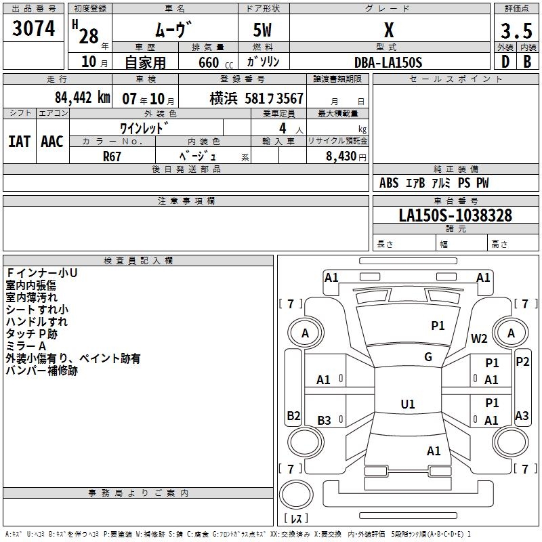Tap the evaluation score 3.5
click(516, 31)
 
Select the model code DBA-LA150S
click(388, 62)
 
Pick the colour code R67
click(112, 156)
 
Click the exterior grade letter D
click(505, 62)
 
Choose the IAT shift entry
click(19, 142)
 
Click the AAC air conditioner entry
click(52, 142)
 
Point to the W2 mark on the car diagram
click(480, 338)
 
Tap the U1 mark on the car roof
click(408, 404)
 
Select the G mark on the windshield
click(428, 357)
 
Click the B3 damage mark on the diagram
click(324, 421)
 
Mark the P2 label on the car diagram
click(522, 361)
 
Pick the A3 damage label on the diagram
click(522, 415)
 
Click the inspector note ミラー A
click(26, 346)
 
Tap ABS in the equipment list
click(389, 183)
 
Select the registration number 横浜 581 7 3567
click(256, 99)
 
